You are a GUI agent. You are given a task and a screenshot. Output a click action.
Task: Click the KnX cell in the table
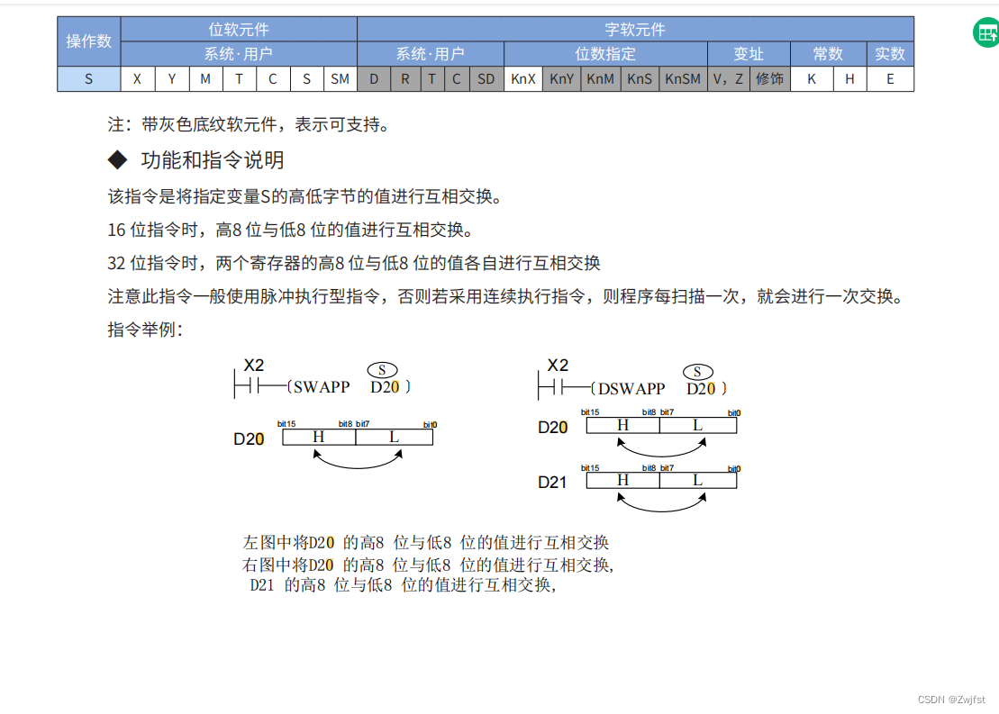[523, 79]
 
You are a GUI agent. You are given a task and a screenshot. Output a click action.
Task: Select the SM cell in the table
[340, 79]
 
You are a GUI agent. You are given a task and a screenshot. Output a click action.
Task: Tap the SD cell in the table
[486, 79]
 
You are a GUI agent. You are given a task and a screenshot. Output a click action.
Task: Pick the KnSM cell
[682, 79]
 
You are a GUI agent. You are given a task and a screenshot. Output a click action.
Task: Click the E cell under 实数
[890, 79]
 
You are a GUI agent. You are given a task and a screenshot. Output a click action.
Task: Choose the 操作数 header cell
[89, 41]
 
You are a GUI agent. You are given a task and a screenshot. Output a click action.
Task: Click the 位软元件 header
[239, 30]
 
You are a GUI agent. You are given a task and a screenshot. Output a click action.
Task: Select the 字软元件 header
[635, 30]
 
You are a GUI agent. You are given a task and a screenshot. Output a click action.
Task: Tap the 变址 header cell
[749, 54]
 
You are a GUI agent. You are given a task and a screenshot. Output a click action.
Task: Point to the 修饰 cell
[769, 79]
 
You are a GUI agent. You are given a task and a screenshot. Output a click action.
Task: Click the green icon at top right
[985, 33]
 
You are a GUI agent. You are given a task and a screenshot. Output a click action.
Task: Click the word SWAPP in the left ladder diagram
[321, 387]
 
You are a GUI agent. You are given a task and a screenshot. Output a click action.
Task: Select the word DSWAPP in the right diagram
[631, 389]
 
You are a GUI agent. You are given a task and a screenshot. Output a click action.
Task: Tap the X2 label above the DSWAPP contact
[558, 366]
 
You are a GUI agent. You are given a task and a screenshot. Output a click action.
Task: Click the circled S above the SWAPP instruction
[382, 370]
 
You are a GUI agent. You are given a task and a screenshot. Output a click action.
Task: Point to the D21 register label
[552, 482]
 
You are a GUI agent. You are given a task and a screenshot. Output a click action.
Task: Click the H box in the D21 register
[622, 481]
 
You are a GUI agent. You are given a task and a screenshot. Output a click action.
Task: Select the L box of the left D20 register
[394, 437]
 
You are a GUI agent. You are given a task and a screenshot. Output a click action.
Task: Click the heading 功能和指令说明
[213, 160]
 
